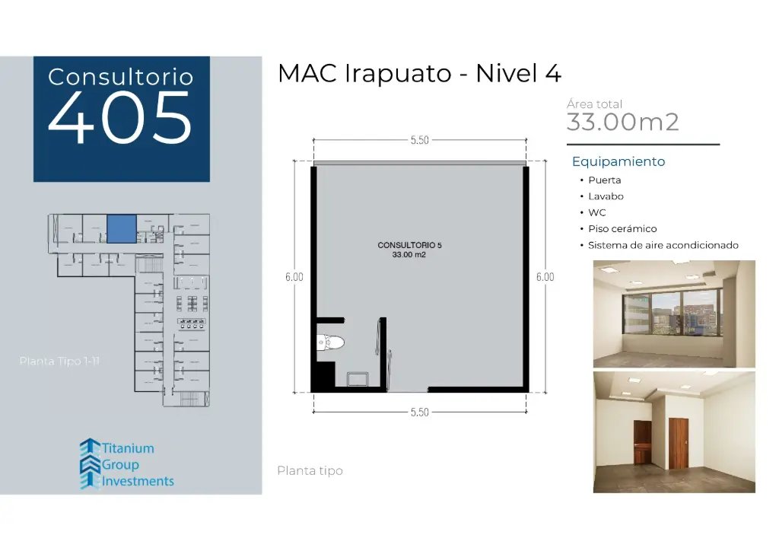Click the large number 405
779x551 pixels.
coord(120,119)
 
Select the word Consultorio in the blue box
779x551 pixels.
coord(120,77)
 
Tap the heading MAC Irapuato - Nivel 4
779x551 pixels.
coord(419,74)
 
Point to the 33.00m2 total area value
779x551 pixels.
coord(622,122)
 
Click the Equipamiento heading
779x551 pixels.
coord(618,161)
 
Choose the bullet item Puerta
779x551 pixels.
coord(604,180)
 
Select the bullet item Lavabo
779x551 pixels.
coord(606,196)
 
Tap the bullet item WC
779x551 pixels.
coord(597,212)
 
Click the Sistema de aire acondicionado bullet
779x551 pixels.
coord(663,245)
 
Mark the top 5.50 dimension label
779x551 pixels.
coord(420,140)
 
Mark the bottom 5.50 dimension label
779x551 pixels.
coord(420,412)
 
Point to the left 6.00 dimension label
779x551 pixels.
coord(294,277)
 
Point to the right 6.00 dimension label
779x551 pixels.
coord(545,277)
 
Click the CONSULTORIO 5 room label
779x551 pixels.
coord(409,245)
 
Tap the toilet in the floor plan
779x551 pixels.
coord(332,343)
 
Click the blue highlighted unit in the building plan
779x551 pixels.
coord(121,228)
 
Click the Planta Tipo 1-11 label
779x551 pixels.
coord(59,361)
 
